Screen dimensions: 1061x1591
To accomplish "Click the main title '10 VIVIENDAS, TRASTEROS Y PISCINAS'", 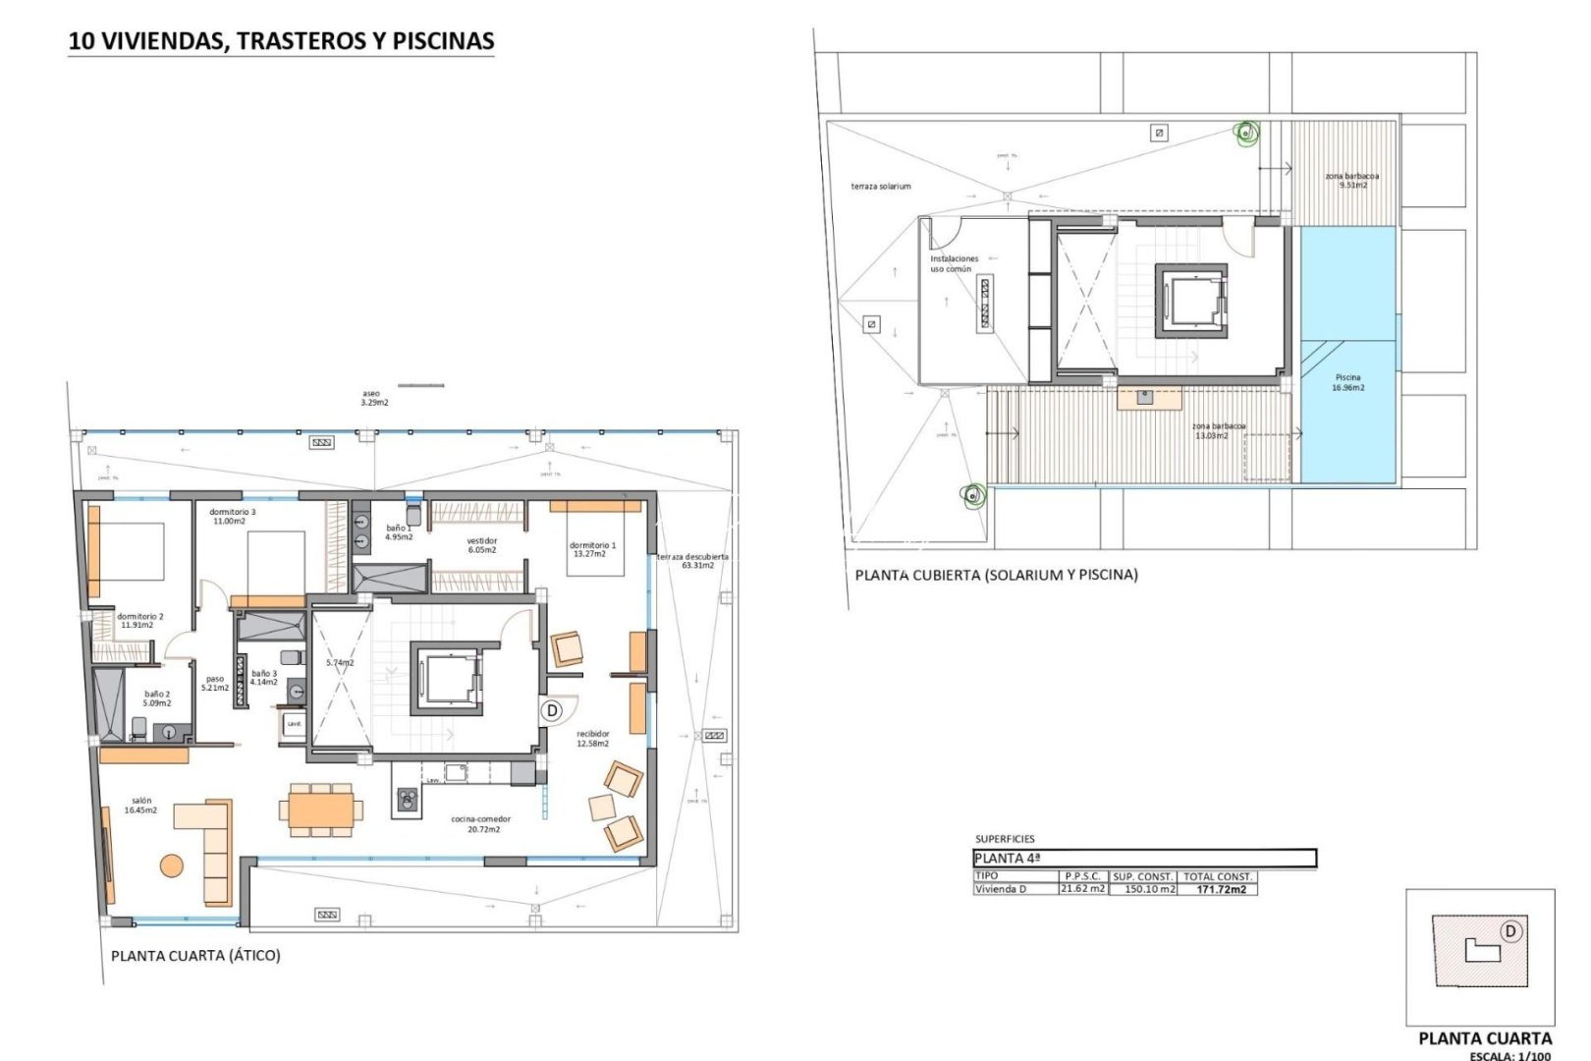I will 281,41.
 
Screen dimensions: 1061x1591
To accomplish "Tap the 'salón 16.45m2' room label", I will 140,806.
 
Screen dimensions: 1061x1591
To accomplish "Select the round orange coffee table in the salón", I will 172,866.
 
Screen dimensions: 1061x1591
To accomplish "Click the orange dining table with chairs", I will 320,810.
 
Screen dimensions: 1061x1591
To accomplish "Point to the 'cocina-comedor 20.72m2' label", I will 480,824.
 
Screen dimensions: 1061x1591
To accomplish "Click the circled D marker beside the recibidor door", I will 552,709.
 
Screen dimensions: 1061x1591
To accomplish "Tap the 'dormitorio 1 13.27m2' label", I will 592,549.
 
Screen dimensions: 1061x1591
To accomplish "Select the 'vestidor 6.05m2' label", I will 481,545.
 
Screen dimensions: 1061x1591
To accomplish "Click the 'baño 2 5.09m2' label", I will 157,698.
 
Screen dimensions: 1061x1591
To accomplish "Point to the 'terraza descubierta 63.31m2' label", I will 693,561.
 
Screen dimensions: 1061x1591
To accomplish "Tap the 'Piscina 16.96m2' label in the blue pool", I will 1347,382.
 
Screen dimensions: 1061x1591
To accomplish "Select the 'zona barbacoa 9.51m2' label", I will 1352,180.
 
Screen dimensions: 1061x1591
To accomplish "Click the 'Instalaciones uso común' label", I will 954,263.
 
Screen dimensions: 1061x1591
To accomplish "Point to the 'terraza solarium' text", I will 880,186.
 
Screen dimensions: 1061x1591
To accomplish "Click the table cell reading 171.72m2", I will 1221,889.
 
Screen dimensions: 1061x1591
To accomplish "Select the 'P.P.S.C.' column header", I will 1082,875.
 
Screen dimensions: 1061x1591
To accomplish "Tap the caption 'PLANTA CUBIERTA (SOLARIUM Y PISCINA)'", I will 996,575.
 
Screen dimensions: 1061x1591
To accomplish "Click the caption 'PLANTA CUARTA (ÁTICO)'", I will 195,955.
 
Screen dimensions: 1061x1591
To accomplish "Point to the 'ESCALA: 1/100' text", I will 1510,1055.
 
